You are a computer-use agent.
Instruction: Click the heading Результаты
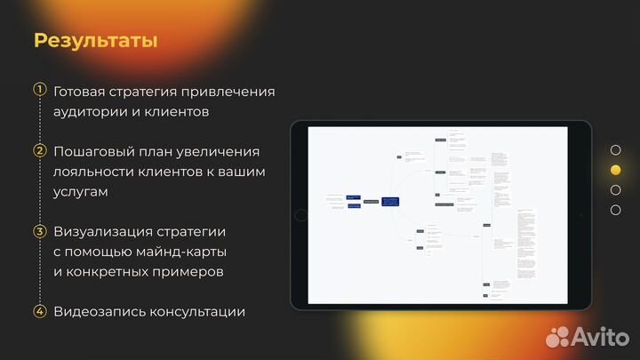96,41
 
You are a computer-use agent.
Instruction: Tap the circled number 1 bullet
39,90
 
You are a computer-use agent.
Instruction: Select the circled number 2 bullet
39,150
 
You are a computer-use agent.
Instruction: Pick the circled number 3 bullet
39,231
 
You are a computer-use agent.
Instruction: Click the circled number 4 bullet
39,311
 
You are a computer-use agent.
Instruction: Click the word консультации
197,312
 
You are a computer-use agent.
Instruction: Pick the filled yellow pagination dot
615,170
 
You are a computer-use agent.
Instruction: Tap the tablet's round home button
300,215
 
